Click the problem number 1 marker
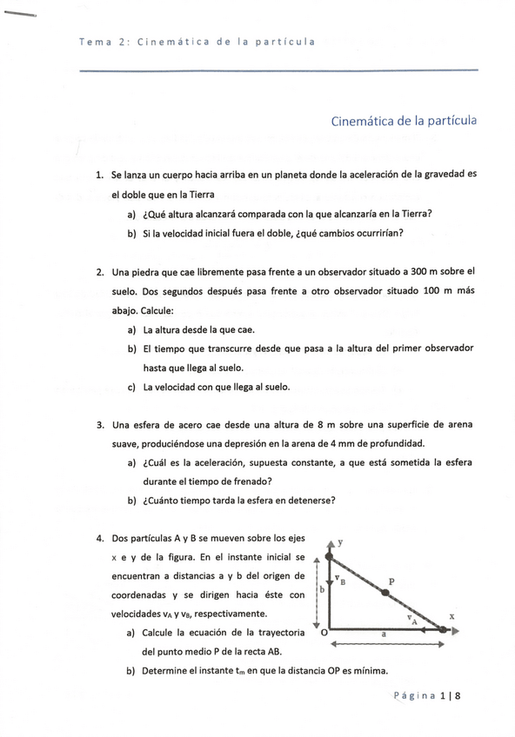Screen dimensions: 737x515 99,175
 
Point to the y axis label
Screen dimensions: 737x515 340,541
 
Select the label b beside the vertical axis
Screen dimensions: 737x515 322,588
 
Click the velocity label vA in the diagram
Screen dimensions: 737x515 412,619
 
